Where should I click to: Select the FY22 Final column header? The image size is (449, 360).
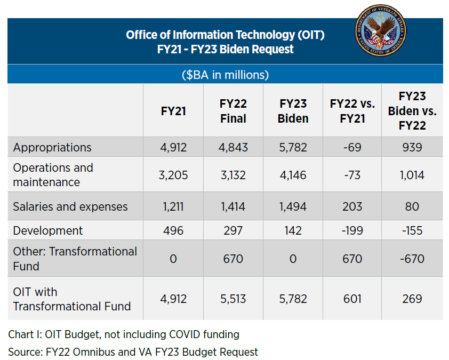pyautogui.click(x=233, y=111)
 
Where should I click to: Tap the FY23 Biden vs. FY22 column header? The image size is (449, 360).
pyautogui.click(x=412, y=111)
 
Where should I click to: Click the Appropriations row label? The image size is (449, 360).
pyautogui.click(x=52, y=147)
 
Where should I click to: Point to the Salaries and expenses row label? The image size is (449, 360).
pyautogui.click(x=70, y=206)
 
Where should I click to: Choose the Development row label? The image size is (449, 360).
pyautogui.click(x=48, y=230)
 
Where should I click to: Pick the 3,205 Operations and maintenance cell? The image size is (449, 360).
pyautogui.click(x=173, y=175)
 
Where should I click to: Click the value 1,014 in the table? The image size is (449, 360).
pyautogui.click(x=412, y=175)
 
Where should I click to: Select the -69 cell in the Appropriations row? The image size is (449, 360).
pyautogui.click(x=352, y=147)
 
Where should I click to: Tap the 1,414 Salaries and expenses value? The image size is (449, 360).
pyautogui.click(x=233, y=206)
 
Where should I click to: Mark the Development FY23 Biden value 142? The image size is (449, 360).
pyautogui.click(x=293, y=230)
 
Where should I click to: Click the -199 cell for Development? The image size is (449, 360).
pyautogui.click(x=352, y=230)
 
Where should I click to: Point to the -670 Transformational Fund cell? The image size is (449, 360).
pyautogui.click(x=412, y=259)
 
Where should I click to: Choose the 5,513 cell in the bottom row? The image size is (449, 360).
pyautogui.click(x=233, y=299)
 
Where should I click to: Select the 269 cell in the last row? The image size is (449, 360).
pyautogui.click(x=412, y=299)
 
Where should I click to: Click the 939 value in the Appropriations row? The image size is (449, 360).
pyautogui.click(x=412, y=147)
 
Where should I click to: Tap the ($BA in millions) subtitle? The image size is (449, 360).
pyautogui.click(x=225, y=75)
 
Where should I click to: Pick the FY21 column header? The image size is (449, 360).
pyautogui.click(x=173, y=111)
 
